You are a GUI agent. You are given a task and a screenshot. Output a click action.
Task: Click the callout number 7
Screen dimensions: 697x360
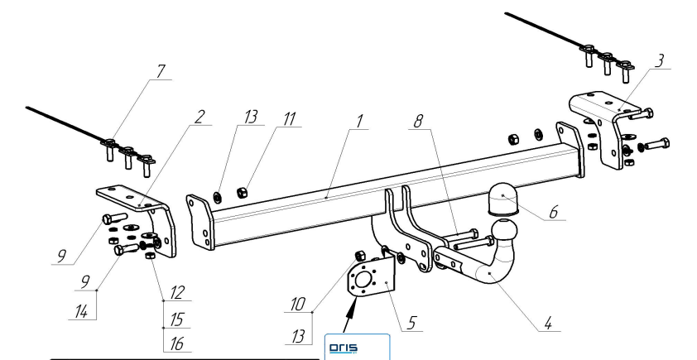161,71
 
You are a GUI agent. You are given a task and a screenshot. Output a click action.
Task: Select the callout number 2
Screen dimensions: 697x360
199,117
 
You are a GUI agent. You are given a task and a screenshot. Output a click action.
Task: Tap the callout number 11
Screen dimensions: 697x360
289,119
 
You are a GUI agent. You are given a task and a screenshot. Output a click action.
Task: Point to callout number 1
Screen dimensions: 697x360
359,122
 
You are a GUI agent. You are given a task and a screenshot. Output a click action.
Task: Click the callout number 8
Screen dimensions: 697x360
418,122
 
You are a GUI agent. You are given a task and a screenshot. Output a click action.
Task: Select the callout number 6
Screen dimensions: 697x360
553,212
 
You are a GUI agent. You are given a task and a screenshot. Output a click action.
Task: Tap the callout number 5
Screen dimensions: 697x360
411,323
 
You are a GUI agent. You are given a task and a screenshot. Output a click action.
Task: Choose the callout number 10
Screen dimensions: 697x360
298,305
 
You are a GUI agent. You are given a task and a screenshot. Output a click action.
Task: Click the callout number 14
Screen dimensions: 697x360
81,311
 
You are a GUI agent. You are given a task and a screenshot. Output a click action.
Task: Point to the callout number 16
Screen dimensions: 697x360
176,343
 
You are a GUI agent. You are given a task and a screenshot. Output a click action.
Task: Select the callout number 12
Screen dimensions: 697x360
176,292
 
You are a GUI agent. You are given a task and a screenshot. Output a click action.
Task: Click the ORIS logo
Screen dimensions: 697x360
344,348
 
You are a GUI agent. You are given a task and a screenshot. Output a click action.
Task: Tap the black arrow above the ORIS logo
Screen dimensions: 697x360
351,315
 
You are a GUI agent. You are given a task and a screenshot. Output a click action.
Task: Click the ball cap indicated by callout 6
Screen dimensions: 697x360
503,200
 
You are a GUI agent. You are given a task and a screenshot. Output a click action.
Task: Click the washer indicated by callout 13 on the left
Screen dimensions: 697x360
219,196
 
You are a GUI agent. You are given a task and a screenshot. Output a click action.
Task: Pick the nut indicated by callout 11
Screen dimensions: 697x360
243,193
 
